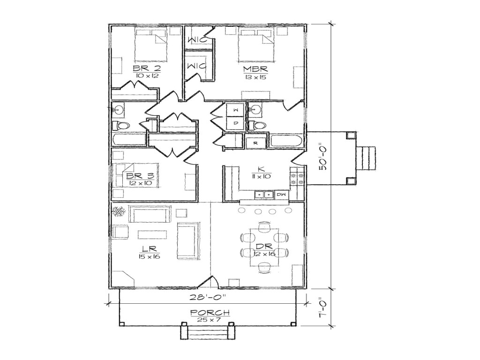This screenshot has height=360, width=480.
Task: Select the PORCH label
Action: (210, 313)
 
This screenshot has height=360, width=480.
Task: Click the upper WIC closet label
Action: (197, 40)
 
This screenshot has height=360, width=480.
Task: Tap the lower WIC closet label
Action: (196, 67)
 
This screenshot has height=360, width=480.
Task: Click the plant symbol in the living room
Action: (118, 212)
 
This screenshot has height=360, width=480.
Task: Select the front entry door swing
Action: (209, 283)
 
